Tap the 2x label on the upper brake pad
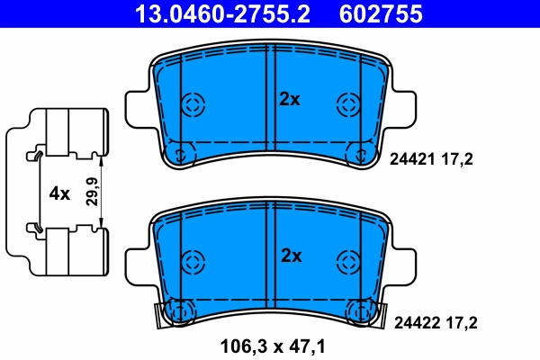click(289, 100)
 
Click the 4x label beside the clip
click(58, 192)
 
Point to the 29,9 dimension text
click(91, 192)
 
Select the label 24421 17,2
click(431, 159)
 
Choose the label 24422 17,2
click(431, 321)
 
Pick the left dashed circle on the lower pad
click(193, 262)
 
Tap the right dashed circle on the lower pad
click(347, 262)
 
